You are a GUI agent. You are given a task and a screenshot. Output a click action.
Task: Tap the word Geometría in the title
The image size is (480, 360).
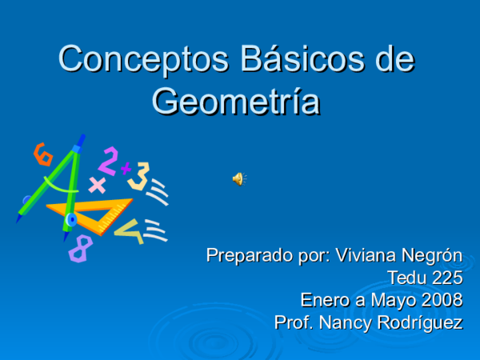[x=236, y=102]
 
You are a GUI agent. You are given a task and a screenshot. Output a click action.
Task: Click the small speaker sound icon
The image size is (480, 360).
[x=238, y=178]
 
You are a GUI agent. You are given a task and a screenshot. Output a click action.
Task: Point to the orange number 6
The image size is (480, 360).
[x=42, y=153]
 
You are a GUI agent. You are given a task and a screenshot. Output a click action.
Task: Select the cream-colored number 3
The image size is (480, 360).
[x=140, y=175]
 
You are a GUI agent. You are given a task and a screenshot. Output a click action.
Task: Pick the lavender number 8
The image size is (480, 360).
[x=80, y=249]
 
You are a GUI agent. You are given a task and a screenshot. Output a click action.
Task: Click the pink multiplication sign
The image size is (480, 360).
[x=97, y=186]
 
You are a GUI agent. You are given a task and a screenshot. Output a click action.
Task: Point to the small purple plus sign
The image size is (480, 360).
[x=126, y=168]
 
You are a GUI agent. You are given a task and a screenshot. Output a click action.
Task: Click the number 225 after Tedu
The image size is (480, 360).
[x=446, y=278]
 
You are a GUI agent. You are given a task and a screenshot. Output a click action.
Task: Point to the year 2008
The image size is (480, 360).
[x=442, y=301]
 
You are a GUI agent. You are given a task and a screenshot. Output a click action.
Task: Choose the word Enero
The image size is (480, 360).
[x=322, y=301]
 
